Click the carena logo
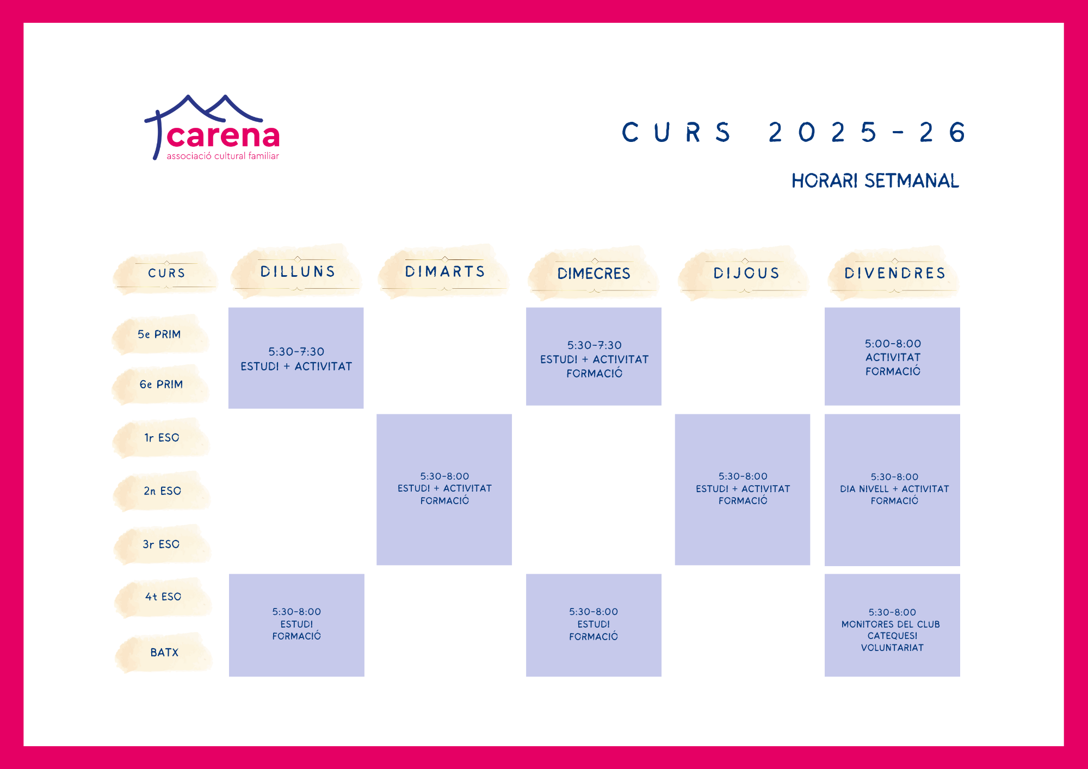(212, 128)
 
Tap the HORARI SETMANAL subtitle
(875, 181)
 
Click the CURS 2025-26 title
(794, 132)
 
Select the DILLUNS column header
(298, 271)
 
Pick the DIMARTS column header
(444, 271)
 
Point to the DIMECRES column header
(594, 274)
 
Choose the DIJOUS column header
(746, 273)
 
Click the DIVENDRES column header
(895, 273)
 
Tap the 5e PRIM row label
(159, 334)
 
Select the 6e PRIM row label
(161, 384)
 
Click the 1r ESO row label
(162, 438)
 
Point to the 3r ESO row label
(161, 544)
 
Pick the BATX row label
(164, 652)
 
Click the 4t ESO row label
(163, 597)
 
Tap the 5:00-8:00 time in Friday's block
(893, 344)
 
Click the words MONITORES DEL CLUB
(891, 624)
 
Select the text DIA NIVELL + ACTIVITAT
(894, 489)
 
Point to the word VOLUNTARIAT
(892, 648)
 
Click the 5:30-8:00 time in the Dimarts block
(444, 476)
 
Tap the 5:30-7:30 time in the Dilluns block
(296, 352)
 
